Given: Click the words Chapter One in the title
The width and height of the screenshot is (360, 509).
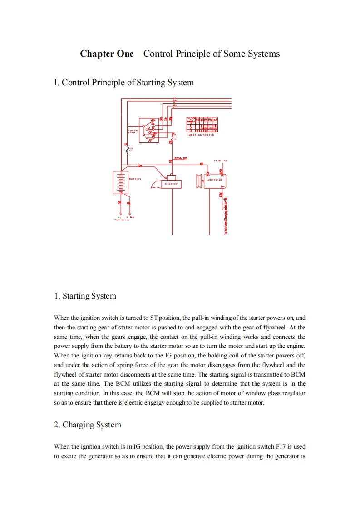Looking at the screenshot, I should pyautogui.click(x=107, y=54).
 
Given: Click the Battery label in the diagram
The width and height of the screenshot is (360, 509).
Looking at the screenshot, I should pyautogui.click(x=135, y=179).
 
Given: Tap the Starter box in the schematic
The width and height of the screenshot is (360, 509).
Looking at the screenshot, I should pyautogui.click(x=171, y=184).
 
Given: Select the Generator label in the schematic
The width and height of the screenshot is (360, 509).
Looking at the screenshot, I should pyautogui.click(x=214, y=180).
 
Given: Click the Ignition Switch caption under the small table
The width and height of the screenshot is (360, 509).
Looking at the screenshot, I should pyautogui.click(x=200, y=135).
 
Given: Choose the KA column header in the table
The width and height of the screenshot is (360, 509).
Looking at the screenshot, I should pyautogui.click(x=216, y=120).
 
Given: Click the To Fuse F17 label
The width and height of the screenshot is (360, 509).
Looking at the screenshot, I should pyautogui.click(x=220, y=160).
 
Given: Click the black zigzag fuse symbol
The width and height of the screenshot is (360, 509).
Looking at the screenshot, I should pyautogui.click(x=127, y=150).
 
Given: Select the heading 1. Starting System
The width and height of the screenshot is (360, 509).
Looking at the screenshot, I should pyautogui.click(x=85, y=296).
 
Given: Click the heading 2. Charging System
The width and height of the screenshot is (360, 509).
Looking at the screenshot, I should pyautogui.click(x=87, y=425).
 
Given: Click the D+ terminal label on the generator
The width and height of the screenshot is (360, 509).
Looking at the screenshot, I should pyautogui.click(x=222, y=186).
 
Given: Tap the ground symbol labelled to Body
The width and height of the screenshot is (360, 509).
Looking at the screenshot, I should pyautogui.click(x=130, y=214).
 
